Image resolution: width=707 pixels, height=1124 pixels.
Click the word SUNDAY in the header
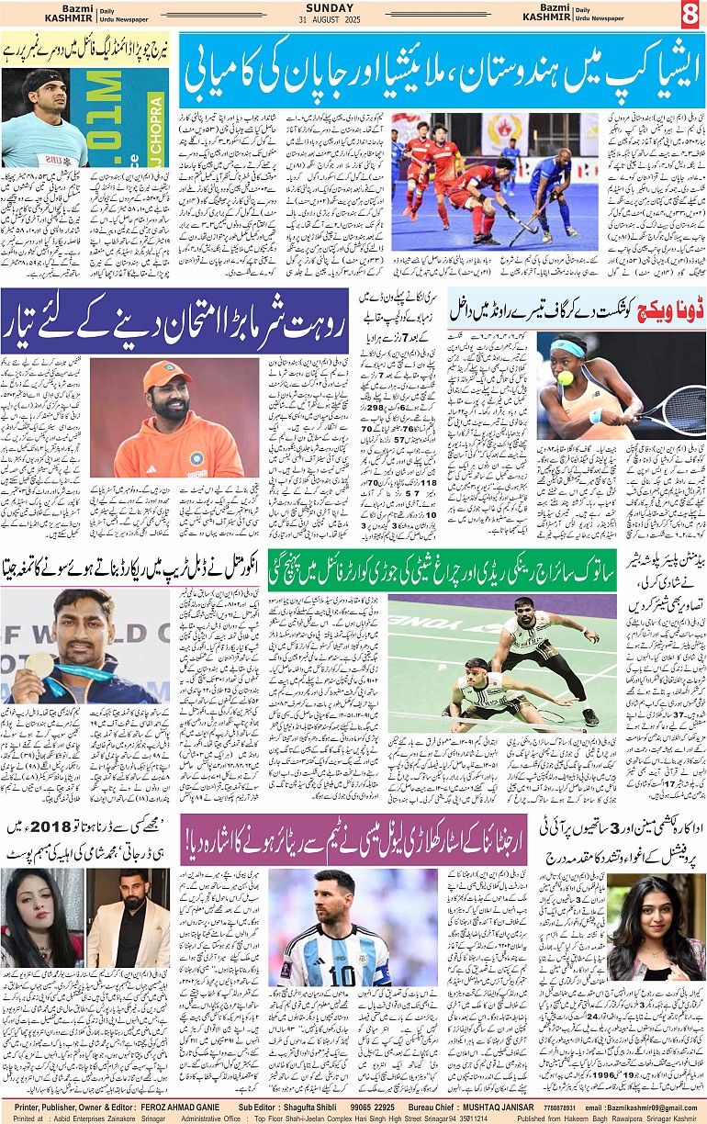[354, 8]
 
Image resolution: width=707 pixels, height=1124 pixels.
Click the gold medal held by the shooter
[39, 664]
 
